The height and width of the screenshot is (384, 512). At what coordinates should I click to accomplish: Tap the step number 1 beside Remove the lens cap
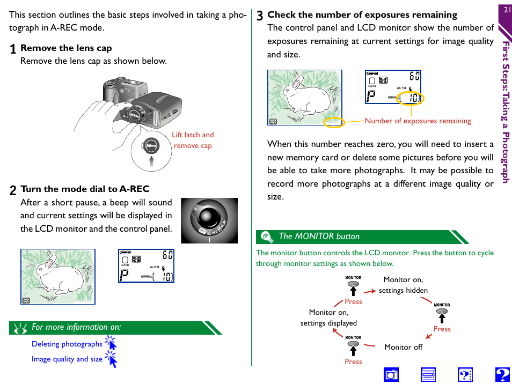coord(13,49)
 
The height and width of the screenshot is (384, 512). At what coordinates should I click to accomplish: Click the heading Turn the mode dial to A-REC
coord(85,189)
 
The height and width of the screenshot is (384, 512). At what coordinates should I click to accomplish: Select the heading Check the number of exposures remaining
coord(362,14)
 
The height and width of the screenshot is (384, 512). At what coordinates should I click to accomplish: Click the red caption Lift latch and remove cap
coord(193,141)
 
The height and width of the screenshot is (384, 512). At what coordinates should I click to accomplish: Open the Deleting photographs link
coord(67,344)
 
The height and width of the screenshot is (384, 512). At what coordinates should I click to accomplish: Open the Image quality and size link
coord(67,359)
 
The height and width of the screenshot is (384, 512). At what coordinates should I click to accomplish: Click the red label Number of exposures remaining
coord(418,121)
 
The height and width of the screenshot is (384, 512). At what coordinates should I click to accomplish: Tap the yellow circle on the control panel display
coord(410,98)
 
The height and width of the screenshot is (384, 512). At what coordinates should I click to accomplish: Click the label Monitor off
coord(403,347)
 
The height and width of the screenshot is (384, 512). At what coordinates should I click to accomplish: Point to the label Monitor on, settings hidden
coord(403,285)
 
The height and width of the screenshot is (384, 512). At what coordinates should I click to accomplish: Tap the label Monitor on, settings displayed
coord(328,317)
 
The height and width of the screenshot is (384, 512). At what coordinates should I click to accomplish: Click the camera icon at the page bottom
coord(392,374)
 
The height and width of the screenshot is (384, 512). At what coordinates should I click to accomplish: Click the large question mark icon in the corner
coord(502,374)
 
